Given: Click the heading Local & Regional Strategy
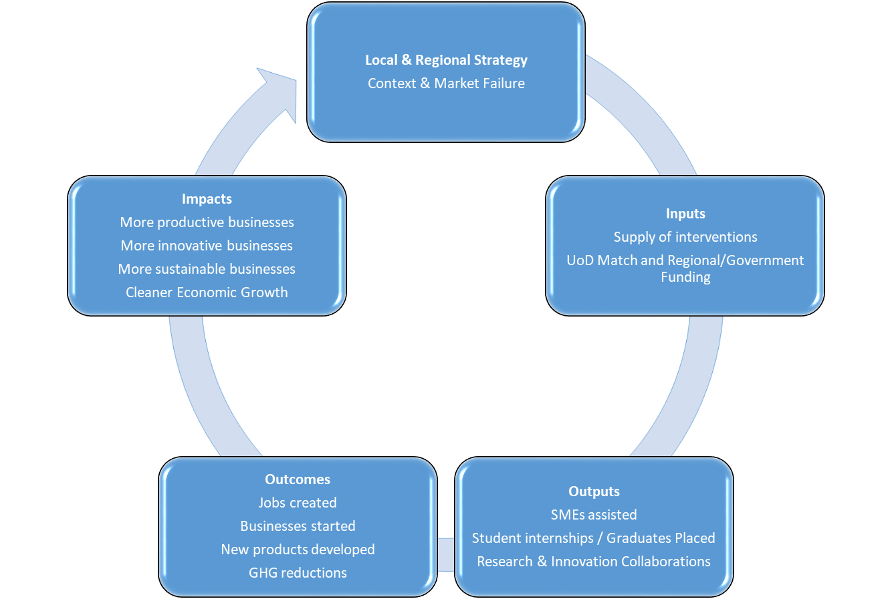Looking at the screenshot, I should coord(446,60).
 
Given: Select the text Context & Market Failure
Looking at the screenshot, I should coord(446,83).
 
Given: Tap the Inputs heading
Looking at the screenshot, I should coord(685,214).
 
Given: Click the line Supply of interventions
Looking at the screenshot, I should coord(685,237).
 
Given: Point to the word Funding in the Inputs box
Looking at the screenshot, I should coord(685,277).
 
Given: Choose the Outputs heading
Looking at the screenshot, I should coord(594,491).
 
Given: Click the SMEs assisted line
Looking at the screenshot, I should coord(594,515).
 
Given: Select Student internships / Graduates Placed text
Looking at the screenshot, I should coord(594,538).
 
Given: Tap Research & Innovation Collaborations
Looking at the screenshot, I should coord(594,562).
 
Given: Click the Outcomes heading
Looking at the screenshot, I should coord(298,479).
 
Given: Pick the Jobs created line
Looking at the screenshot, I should coord(298,503).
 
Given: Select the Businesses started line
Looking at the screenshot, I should coord(298,526).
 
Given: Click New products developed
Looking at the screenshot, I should coord(298,550).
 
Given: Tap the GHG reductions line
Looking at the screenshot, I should coord(298,573).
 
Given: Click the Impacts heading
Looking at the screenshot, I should coord(207,199).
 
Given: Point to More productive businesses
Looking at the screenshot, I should coord(207,222).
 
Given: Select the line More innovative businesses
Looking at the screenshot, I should coord(207,246).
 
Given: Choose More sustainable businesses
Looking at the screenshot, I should coord(207,269).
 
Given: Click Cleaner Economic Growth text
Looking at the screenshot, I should coord(207,292).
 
